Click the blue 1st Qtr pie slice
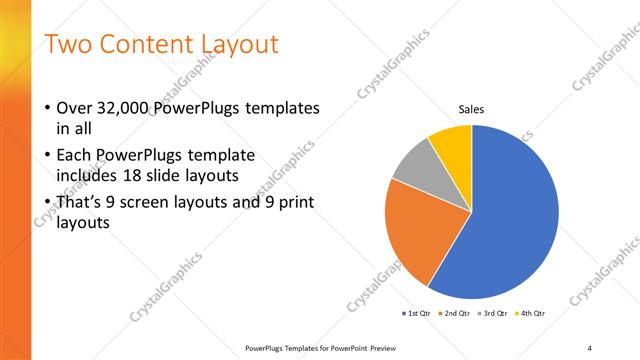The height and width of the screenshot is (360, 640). [x=510, y=220]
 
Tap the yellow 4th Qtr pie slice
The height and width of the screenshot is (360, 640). [x=453, y=143]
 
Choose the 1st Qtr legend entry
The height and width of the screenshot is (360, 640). [x=415, y=314]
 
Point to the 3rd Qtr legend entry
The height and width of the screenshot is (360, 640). [x=495, y=314]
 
